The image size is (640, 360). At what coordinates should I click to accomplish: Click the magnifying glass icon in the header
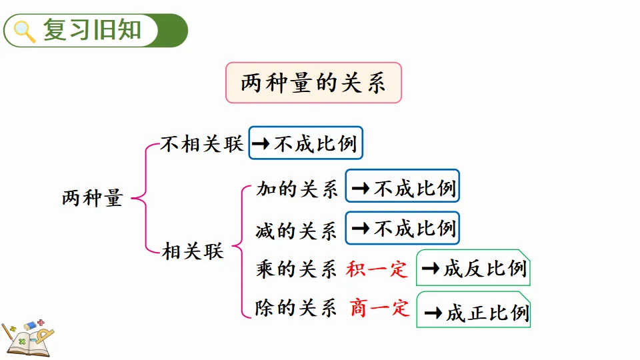[24, 31]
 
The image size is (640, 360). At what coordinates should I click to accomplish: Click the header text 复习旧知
[93, 31]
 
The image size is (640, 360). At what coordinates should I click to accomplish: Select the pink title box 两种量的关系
[313, 83]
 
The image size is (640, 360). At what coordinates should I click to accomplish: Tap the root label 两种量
[93, 198]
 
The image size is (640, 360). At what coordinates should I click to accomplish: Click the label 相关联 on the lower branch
[193, 251]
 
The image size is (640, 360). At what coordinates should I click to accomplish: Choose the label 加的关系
[297, 189]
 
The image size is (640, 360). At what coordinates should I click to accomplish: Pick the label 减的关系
[297, 230]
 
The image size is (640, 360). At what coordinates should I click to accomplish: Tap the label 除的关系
[297, 308]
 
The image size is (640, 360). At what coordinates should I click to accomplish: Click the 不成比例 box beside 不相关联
[306, 143]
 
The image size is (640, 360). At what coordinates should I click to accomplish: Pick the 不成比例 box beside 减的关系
[403, 228]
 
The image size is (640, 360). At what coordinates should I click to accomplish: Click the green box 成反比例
[473, 268]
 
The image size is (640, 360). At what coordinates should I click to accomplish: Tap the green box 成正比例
[473, 310]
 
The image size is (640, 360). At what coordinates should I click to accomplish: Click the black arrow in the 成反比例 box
[433, 269]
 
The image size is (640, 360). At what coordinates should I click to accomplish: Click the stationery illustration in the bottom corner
[28, 337]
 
